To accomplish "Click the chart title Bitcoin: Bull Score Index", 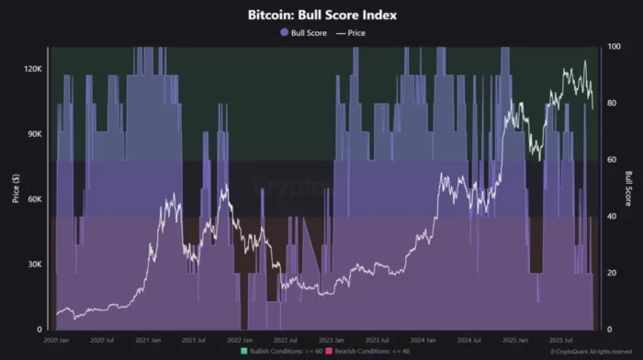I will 321,16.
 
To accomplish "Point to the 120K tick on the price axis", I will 32,69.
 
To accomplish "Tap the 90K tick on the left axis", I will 35,134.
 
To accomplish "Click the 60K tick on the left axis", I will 35,199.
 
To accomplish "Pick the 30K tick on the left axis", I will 35,264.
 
